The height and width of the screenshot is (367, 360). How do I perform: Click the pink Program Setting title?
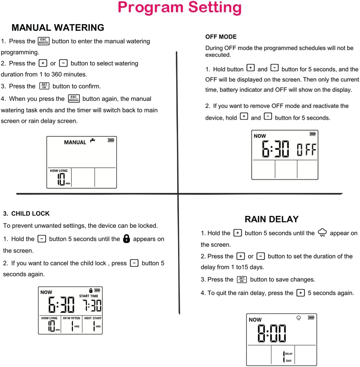tap(180, 8)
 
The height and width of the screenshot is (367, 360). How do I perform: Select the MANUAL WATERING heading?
tap(58, 28)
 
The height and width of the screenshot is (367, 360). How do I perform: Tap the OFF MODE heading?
tap(221, 37)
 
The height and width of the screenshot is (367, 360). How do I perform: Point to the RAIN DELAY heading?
tap(271, 219)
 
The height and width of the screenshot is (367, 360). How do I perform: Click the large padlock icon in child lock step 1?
tap(126, 239)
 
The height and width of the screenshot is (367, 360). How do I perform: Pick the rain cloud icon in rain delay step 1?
tap(322, 233)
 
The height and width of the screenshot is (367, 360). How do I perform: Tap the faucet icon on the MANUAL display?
tap(93, 140)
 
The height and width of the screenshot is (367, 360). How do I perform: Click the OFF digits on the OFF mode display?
tap(306, 150)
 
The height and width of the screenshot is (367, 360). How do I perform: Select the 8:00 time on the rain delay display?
tap(272, 333)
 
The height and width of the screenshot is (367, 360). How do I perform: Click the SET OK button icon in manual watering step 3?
tap(44, 86)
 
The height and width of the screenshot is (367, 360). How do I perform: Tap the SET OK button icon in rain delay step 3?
tap(241, 279)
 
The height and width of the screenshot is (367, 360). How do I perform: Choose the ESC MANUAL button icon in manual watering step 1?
tap(43, 41)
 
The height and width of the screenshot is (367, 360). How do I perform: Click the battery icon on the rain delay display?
tap(311, 318)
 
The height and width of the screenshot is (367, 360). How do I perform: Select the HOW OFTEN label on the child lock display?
tap(71, 318)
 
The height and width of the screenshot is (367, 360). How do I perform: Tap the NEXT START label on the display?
tap(93, 318)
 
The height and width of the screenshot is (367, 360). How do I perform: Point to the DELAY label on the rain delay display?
tap(289, 354)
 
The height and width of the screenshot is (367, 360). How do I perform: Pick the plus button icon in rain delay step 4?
tap(300, 293)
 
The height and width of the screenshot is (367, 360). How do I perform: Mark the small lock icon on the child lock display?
tap(91, 290)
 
